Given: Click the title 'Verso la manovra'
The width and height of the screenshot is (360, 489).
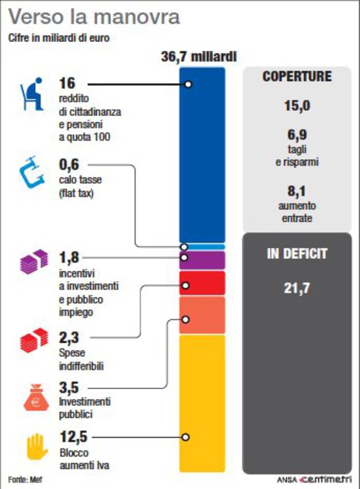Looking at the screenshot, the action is click(x=94, y=17).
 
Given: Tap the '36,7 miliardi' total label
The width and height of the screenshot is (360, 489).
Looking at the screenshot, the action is click(x=199, y=57).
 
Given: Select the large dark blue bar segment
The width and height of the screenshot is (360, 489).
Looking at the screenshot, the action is click(x=202, y=154).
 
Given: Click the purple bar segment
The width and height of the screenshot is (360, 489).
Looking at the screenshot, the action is click(x=202, y=261).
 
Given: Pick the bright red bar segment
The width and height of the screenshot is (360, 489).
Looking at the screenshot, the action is click(x=202, y=283).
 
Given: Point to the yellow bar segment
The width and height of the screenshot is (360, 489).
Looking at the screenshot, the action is click(x=202, y=404).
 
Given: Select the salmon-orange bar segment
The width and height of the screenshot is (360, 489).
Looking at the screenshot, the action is click(x=202, y=315).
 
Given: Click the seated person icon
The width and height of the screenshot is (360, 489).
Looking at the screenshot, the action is click(x=32, y=94).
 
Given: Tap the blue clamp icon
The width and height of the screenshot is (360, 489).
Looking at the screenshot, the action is click(x=32, y=172).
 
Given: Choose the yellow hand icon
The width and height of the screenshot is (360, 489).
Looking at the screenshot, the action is click(x=37, y=446).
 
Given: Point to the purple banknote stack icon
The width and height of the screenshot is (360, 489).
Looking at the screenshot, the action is click(x=34, y=262).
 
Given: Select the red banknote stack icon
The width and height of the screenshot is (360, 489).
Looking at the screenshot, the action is click(x=34, y=340).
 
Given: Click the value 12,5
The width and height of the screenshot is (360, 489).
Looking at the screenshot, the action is click(x=73, y=437).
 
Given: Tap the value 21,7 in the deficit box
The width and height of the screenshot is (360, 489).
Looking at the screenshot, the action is click(x=297, y=288).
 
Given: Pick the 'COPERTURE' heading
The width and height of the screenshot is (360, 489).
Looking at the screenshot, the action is click(x=297, y=76).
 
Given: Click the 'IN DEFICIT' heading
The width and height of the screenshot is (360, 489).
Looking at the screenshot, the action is click(x=297, y=254).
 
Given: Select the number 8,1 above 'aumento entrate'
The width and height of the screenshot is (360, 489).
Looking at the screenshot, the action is click(x=296, y=191).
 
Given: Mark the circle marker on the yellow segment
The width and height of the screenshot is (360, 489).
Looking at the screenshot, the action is click(x=186, y=437).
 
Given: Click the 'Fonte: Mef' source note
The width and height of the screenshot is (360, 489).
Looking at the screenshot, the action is click(x=25, y=479).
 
